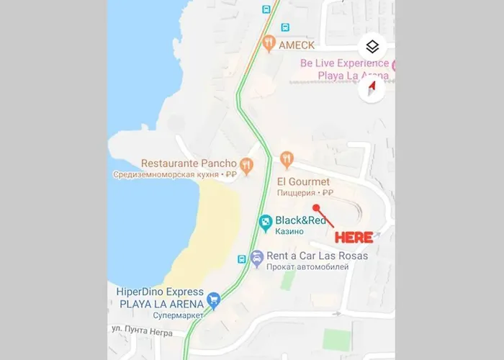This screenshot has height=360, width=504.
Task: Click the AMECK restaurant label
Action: click(x=297, y=44)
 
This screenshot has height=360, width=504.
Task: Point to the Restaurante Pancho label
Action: click(x=189, y=163)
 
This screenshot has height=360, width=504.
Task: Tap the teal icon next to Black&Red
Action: click(x=265, y=221)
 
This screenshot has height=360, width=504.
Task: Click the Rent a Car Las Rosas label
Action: click(x=317, y=256)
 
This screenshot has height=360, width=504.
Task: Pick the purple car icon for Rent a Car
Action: click(x=257, y=257)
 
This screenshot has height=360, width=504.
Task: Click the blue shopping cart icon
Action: click(x=213, y=298)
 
